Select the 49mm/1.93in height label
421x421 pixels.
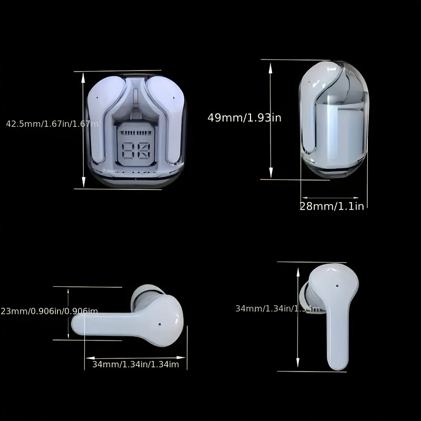[244, 118]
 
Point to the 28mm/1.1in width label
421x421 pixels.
[332, 206]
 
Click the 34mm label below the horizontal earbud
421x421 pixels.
[136, 364]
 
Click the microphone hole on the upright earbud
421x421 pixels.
[336, 287]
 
